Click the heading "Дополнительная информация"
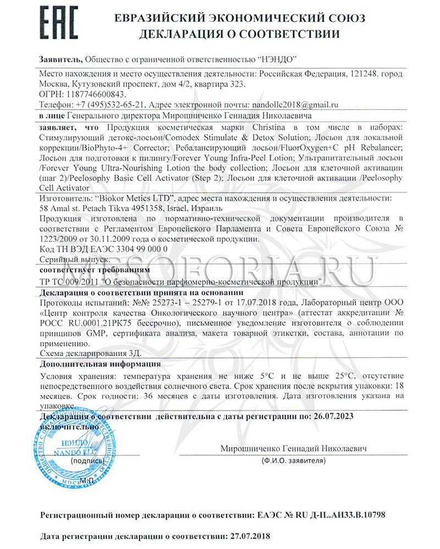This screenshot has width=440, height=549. [101, 364]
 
